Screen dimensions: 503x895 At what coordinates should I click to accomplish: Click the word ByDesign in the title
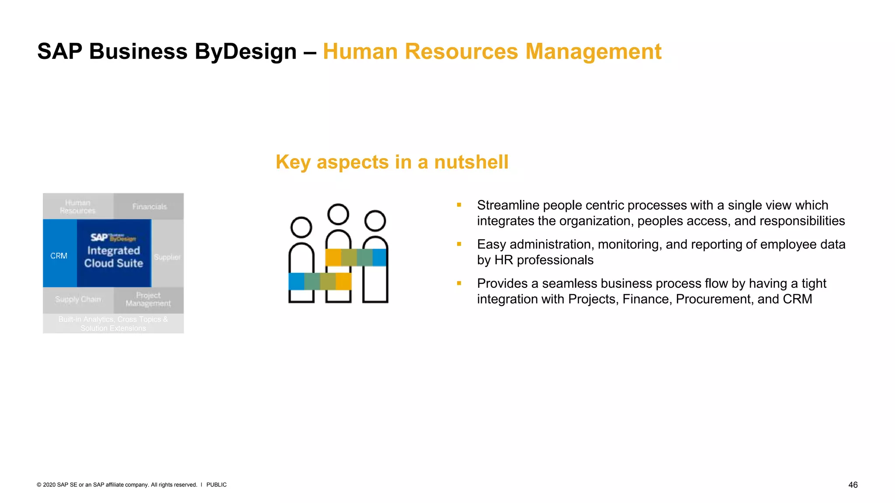click(246, 52)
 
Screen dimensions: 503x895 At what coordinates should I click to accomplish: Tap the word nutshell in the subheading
click(471, 162)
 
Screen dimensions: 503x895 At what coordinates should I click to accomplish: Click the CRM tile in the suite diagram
click(59, 255)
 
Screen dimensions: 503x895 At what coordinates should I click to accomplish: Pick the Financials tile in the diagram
click(149, 207)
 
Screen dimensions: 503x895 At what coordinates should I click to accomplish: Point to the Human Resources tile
click(78, 207)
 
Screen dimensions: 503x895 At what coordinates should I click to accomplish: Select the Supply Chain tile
click(78, 300)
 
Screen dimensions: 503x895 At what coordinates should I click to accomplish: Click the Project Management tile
click(148, 300)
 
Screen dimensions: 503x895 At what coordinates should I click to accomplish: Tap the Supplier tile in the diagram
click(167, 257)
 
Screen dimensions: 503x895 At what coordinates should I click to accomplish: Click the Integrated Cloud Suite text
click(114, 257)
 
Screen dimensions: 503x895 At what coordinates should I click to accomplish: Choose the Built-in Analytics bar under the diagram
click(113, 324)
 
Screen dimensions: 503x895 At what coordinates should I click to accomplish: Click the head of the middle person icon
click(338, 214)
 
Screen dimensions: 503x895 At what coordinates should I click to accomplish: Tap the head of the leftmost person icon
click(301, 227)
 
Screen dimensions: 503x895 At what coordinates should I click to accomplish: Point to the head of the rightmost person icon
click(375, 220)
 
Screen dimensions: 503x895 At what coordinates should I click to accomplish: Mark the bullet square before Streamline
click(459, 205)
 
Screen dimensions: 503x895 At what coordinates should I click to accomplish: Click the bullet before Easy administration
click(459, 244)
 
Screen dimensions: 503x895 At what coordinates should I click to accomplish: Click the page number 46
click(853, 485)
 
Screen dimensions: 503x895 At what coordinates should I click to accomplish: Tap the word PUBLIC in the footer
click(216, 485)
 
